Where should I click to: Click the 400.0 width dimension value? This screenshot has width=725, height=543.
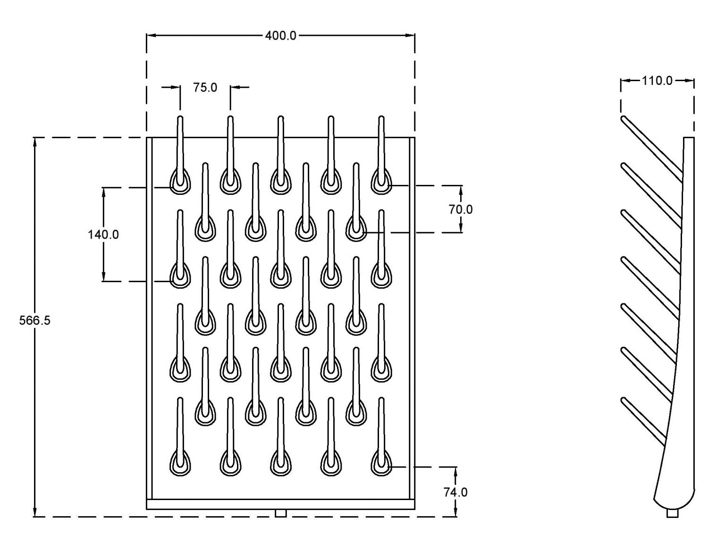pos(280,36)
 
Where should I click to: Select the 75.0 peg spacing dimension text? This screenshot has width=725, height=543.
pos(205,87)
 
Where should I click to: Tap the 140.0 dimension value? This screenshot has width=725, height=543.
pos(103,234)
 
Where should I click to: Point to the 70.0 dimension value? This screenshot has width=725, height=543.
pos(460,209)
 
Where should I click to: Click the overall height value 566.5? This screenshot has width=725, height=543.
pos(34,320)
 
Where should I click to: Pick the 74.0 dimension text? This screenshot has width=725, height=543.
pos(455,492)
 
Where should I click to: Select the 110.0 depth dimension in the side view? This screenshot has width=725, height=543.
pos(657,81)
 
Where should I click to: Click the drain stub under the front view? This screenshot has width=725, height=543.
pos(280,513)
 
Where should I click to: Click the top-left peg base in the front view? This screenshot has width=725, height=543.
pos(180,182)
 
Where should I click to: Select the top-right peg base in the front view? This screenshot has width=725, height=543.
pos(381,182)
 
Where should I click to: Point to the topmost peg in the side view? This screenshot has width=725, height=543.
pos(651,148)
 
